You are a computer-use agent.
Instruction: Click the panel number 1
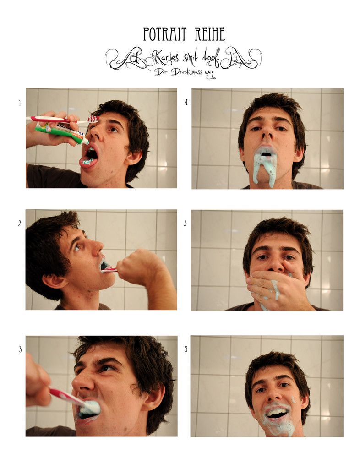pos(20,103)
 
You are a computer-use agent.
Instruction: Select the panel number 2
pos(20,224)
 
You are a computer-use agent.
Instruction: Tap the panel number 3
pos(20,349)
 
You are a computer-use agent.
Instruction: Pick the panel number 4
pos(186,103)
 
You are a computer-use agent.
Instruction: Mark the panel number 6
pos(185,349)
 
